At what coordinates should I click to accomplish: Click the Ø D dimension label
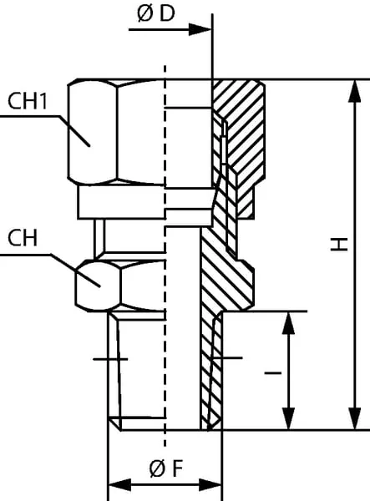point(156,14)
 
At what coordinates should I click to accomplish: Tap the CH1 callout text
point(28,101)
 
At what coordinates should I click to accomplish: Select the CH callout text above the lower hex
point(23,238)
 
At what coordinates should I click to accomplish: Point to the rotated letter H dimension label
point(339,244)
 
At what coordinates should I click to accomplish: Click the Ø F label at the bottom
point(166,468)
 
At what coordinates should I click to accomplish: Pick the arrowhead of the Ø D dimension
point(200,29)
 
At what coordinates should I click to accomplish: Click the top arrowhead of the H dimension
point(355,91)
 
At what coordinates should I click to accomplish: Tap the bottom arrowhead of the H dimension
point(355,418)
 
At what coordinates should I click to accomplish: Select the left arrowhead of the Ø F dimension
point(119,485)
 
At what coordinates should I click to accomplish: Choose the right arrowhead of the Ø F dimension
point(210,485)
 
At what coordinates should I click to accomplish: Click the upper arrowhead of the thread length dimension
point(289,323)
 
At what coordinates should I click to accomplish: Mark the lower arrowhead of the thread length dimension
point(289,418)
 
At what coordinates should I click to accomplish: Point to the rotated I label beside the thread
point(273,372)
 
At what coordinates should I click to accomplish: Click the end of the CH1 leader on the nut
point(89,145)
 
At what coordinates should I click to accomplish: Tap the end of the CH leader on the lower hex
point(99,286)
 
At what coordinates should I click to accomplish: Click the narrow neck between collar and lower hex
point(99,236)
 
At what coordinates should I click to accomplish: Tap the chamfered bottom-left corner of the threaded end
point(114,424)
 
